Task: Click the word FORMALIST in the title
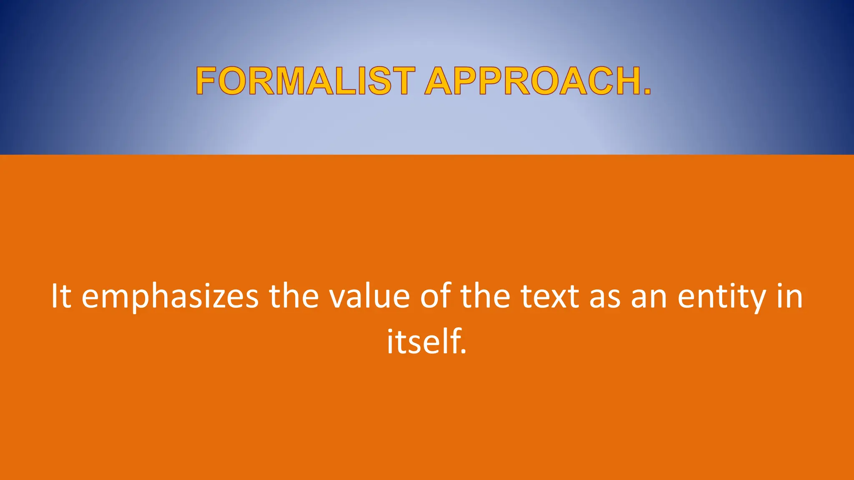(x=305, y=81)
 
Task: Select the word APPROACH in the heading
(x=532, y=81)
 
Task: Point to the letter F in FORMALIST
(x=206, y=81)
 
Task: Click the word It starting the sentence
(x=61, y=296)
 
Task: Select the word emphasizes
(x=170, y=297)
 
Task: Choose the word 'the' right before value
(x=294, y=296)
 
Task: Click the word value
(x=369, y=296)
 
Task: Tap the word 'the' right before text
(x=485, y=296)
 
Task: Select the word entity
(x=722, y=297)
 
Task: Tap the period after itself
(x=463, y=352)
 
